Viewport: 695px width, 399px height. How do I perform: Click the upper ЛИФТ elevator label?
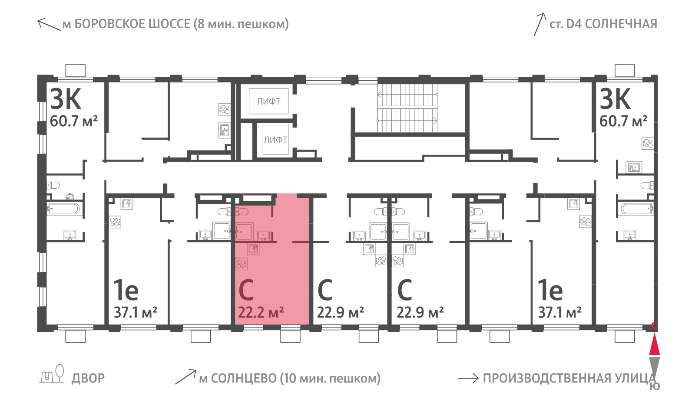(268, 101)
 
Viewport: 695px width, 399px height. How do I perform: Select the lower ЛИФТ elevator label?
(275, 140)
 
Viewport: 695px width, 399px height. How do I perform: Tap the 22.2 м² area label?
(261, 313)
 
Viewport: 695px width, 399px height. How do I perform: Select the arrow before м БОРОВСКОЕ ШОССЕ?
(49, 24)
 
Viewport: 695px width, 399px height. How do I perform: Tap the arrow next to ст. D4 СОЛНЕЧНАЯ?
(539, 24)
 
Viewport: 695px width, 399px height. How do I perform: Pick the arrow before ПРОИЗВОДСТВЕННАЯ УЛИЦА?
(468, 378)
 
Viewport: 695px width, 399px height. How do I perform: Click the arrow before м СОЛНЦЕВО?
(185, 377)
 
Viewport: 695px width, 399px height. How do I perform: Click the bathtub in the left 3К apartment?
(63, 209)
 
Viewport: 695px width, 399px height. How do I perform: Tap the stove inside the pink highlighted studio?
(242, 264)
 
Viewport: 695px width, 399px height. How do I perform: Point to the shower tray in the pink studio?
(244, 232)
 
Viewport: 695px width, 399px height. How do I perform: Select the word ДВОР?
(88, 379)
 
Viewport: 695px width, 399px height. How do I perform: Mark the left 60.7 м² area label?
(74, 121)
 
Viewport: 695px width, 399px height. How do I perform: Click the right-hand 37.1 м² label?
(560, 313)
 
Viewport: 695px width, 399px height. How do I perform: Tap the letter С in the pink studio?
(246, 290)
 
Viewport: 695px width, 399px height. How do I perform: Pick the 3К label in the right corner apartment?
(615, 99)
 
